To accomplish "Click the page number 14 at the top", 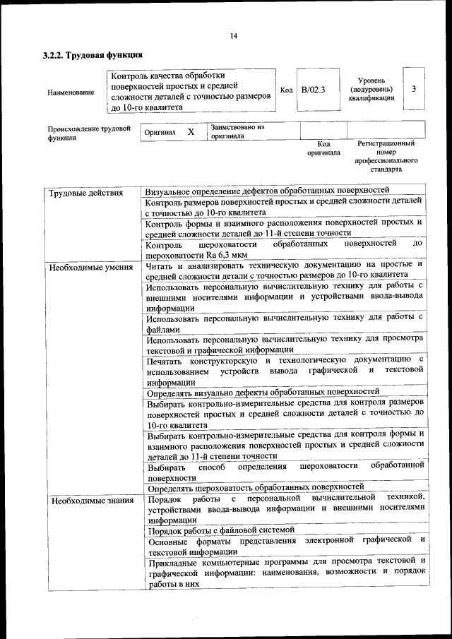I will (x=233, y=36).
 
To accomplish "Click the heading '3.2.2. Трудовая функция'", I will (x=93, y=54).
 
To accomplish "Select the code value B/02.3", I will (x=313, y=89).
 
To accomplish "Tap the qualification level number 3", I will (x=413, y=88).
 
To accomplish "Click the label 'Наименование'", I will (x=71, y=92).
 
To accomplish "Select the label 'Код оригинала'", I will (x=323, y=148).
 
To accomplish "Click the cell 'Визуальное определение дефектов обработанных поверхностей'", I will (x=267, y=191).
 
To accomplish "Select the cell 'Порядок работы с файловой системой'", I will (x=220, y=530).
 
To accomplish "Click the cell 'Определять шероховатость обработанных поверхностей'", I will (x=255, y=486).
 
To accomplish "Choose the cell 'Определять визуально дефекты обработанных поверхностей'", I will (x=263, y=391).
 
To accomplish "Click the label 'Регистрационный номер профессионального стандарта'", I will (x=386, y=156).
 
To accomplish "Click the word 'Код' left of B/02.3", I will (x=286, y=90).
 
